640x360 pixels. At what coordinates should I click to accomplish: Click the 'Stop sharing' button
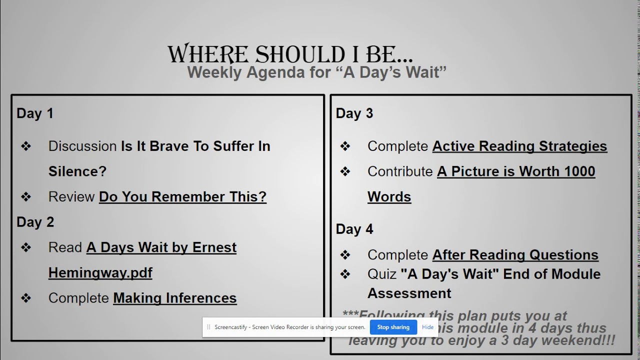coord(393,327)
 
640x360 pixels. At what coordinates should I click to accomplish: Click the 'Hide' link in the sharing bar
coord(427,327)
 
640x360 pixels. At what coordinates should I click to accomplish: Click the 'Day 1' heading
coord(35,113)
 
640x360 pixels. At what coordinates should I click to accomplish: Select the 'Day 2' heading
coord(35,222)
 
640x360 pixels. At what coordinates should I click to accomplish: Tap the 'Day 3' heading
coord(354,113)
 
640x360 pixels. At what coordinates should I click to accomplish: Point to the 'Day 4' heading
coord(354,229)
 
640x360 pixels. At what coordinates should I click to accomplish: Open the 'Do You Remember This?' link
coord(182,196)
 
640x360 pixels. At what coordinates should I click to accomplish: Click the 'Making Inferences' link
coord(174,298)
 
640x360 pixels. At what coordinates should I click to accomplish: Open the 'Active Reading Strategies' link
coord(519,146)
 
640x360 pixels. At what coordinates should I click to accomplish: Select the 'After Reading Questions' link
coord(515,254)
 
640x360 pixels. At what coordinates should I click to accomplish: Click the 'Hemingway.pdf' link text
coord(100,272)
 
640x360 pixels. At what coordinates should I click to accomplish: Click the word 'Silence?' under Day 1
coord(77,171)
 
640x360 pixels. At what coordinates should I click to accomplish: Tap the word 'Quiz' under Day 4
coord(381,274)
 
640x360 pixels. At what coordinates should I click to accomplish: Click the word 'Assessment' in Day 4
coord(409,293)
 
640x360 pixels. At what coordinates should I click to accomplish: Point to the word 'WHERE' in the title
coord(207,54)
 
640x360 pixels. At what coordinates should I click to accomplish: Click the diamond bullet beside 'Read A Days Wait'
coord(26,247)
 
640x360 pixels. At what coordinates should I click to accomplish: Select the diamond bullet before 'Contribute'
coord(345,171)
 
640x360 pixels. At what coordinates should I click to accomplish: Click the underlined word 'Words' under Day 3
coord(389,196)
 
